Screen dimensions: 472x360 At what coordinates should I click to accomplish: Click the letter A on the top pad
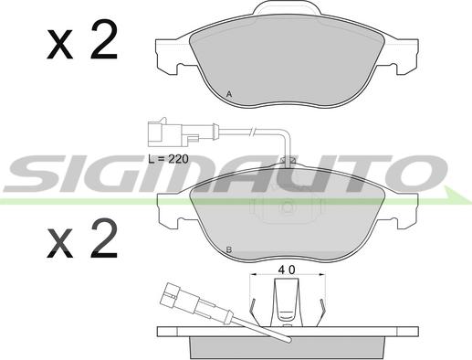[229, 95]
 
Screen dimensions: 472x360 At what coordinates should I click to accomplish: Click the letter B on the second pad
[229, 250]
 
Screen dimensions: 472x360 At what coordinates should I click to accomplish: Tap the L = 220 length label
[168, 159]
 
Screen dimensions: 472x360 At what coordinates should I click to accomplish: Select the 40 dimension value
[287, 270]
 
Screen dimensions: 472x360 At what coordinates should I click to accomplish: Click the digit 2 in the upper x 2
[104, 39]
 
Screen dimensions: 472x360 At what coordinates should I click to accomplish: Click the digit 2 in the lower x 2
[104, 238]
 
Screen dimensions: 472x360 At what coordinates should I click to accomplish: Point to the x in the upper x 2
[59, 45]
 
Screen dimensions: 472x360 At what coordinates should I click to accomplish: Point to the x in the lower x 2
[59, 244]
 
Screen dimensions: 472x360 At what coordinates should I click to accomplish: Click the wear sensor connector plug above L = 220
[182, 133]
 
